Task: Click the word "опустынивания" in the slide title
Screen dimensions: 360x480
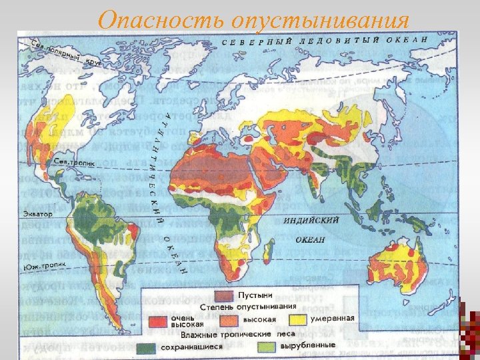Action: (319, 19)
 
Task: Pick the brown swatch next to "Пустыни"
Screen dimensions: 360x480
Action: (224, 294)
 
